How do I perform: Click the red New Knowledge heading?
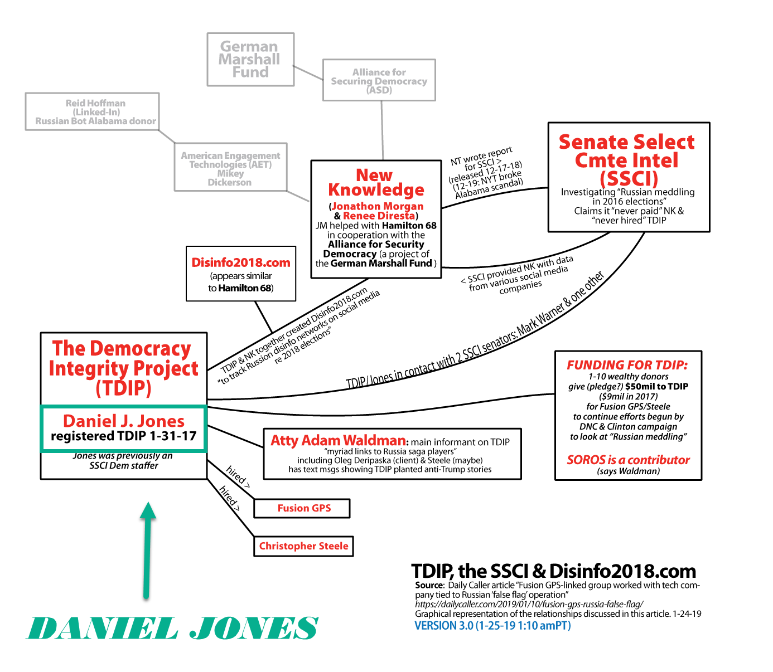pyautogui.click(x=375, y=182)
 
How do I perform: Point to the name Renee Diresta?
pyautogui.click(x=379, y=216)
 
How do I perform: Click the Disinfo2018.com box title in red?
pyautogui.click(x=241, y=262)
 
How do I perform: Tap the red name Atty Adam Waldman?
pyautogui.click(x=338, y=440)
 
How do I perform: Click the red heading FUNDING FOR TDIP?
pyautogui.click(x=627, y=365)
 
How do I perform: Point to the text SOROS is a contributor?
pyautogui.click(x=628, y=460)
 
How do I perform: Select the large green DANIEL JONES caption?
pyautogui.click(x=172, y=628)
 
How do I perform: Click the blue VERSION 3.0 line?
pyautogui.click(x=492, y=626)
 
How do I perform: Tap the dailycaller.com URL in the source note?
pyautogui.click(x=529, y=603)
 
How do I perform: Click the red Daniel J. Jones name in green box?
pyautogui.click(x=124, y=421)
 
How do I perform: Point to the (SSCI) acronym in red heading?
pyautogui.click(x=629, y=178)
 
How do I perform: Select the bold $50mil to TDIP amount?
pyautogui.click(x=656, y=386)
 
